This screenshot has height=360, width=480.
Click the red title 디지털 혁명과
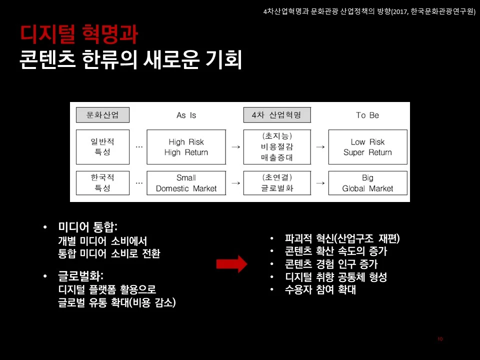[x=79, y=33]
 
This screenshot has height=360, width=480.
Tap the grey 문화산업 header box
[x=102, y=115]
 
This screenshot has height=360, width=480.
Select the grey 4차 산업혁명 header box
[x=276, y=115]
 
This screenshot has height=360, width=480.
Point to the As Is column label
[x=186, y=115]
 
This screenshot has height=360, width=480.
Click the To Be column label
[x=367, y=115]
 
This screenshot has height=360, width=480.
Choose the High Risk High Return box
[x=186, y=147]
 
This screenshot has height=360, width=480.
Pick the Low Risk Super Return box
[x=367, y=147]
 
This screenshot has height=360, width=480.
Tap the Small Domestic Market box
[x=186, y=183]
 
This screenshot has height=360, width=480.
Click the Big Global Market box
[x=367, y=183]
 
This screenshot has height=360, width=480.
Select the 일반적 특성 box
[x=102, y=147]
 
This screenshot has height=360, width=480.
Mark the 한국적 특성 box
[x=102, y=183]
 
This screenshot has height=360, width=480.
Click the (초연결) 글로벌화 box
[x=276, y=183]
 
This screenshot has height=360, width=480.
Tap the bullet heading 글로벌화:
[x=80, y=276]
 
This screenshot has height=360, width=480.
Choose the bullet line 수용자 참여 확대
[x=320, y=290]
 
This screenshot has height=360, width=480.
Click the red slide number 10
[x=440, y=339]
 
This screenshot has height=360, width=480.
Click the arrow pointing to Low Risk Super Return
[x=321, y=147]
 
